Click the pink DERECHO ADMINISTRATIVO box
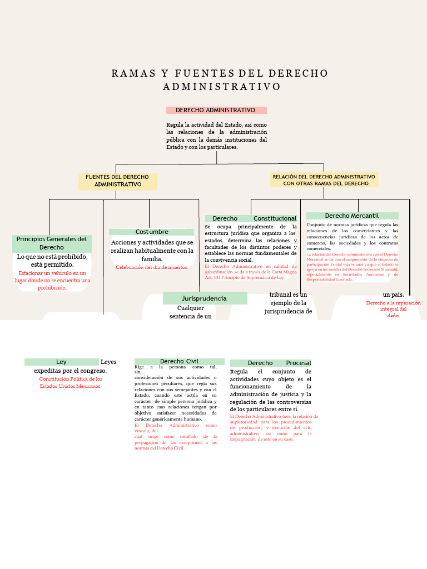[216, 110]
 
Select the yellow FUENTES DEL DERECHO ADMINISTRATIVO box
[117, 181]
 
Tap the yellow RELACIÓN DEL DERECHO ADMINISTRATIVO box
[324, 179]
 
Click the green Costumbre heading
[151, 232]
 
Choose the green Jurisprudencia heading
[204, 298]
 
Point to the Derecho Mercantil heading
[352, 216]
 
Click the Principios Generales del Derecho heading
[52, 243]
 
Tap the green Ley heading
[61, 362]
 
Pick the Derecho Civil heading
[179, 361]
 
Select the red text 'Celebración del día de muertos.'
[152, 267]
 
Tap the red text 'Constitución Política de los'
[71, 379]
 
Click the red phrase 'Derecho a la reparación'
[393, 303]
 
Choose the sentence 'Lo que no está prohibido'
[52, 257]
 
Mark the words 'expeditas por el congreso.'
[70, 371]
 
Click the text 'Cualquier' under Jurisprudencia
[191, 308]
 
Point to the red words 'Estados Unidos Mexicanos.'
[71, 386]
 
